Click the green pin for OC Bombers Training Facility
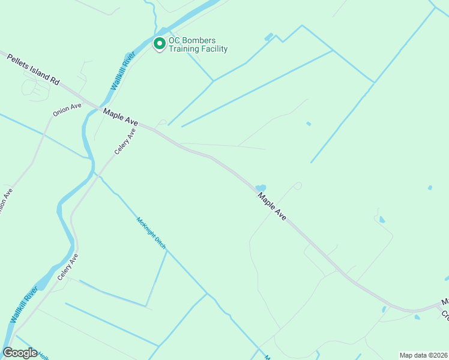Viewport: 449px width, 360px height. [160, 44]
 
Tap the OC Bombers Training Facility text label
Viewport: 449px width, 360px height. [198, 45]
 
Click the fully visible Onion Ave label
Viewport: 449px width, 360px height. [67, 110]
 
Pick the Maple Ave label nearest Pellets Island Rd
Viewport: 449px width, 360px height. [120, 116]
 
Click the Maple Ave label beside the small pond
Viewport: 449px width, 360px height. [272, 206]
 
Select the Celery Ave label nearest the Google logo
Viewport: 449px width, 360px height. [68, 267]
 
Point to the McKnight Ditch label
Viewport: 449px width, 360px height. [151, 233]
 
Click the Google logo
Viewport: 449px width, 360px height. [20, 353]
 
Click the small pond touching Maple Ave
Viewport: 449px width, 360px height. [261, 188]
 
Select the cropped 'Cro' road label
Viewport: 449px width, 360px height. [445, 314]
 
